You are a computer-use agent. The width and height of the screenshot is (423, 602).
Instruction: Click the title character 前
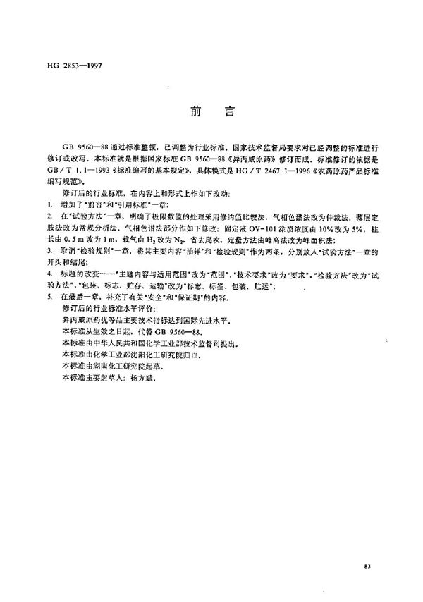click(195, 111)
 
